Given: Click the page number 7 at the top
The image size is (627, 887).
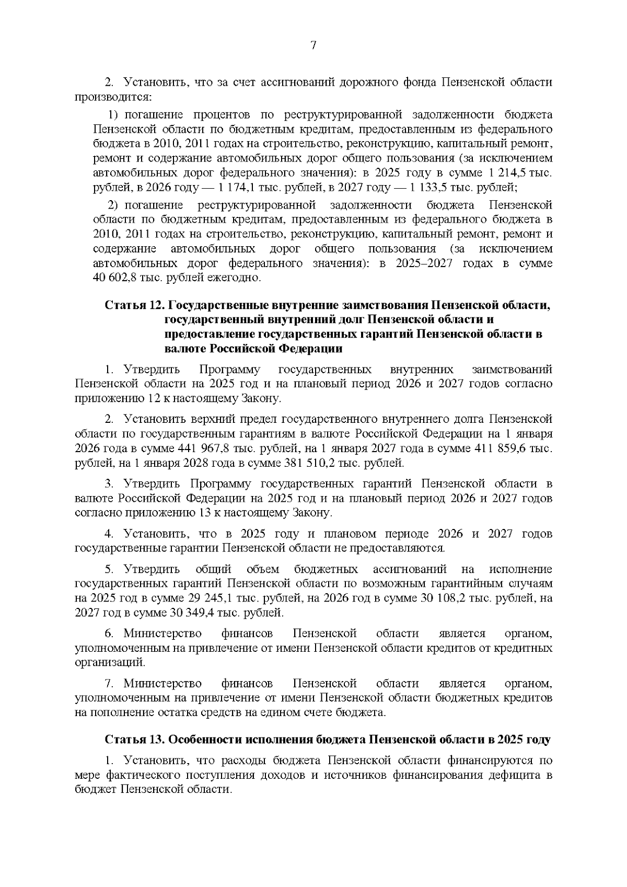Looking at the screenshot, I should point(313,45).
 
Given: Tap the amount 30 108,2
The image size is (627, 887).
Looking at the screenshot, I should point(446,597).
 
